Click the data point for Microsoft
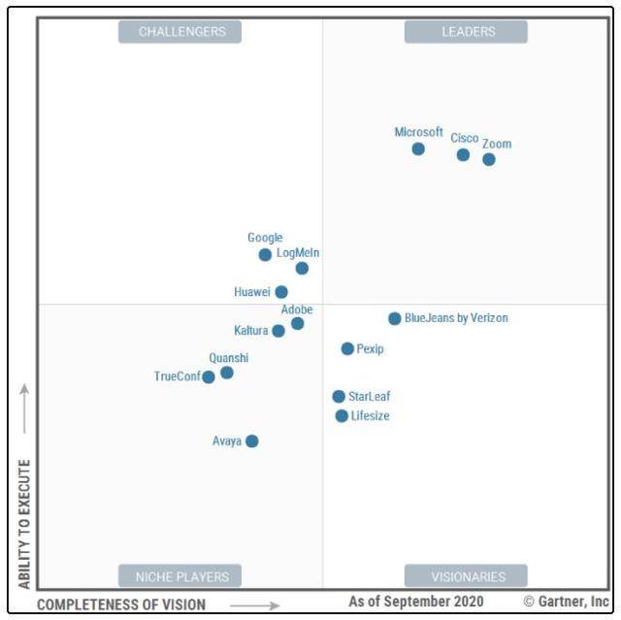[x=418, y=148]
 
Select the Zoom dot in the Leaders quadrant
[x=489, y=159]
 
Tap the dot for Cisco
[x=463, y=154]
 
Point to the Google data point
[x=265, y=254]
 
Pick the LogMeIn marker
[x=302, y=268]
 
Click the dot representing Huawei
[x=281, y=291]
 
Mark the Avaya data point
[x=252, y=441]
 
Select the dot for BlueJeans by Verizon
[x=395, y=318]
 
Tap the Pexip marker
[x=347, y=348]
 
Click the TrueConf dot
[x=209, y=376]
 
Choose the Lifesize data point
[x=342, y=415]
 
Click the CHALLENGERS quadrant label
[x=180, y=32]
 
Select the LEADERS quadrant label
[x=467, y=32]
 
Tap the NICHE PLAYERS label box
[x=180, y=576]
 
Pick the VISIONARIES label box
[x=467, y=576]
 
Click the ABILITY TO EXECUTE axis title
[x=24, y=524]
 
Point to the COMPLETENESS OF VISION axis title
[x=121, y=604]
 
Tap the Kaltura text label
[x=251, y=331]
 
